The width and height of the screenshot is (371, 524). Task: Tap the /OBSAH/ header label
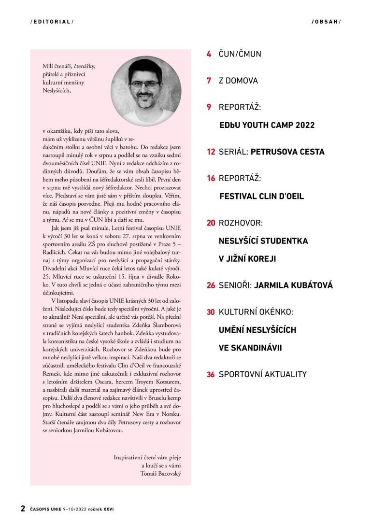[326, 22]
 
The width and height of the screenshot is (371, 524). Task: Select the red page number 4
[209, 54]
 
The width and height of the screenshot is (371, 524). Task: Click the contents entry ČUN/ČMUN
[240, 54]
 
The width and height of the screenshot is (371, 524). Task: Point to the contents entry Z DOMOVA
[238, 81]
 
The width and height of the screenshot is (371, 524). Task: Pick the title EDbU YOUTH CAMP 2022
[267, 125]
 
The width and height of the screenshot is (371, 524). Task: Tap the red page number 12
[211, 152]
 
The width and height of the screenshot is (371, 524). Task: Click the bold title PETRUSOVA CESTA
[287, 152]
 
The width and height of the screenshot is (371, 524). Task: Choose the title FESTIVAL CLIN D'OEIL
[261, 197]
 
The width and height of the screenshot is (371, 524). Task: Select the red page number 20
[211, 223]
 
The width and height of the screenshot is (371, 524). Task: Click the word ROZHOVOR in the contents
[241, 223]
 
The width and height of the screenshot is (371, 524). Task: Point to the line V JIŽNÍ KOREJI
[247, 259]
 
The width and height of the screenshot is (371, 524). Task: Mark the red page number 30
[211, 312]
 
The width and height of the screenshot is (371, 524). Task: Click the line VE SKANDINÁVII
[250, 348]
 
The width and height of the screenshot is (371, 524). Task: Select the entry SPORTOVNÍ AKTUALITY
[262, 374]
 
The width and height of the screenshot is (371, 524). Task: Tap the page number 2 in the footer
[23, 509]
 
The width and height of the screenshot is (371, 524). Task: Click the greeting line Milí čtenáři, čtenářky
[69, 66]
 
